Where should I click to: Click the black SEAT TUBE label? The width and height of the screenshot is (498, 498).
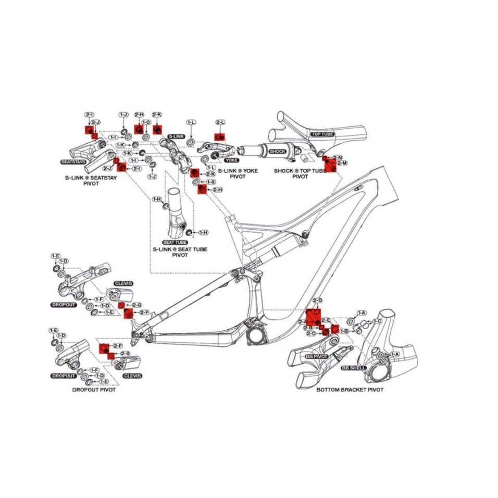coord(175,242)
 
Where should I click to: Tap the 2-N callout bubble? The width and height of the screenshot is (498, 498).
coord(338,157)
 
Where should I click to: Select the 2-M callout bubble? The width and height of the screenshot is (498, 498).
coord(342,164)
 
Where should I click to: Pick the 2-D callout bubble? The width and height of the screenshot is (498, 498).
coord(317,301)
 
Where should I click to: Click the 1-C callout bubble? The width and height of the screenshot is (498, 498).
coord(377,321)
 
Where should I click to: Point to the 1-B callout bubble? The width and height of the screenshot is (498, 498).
coord(344,331)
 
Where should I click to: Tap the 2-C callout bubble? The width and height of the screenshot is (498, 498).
coord(310,333)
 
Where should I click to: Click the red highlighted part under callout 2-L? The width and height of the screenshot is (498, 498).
coord(219,136)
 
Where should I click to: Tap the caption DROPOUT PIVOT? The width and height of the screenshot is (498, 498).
coord(94,390)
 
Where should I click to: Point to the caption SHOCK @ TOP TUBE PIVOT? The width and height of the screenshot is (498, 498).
coord(300,173)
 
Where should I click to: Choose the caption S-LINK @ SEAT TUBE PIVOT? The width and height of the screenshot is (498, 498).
coord(180,252)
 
